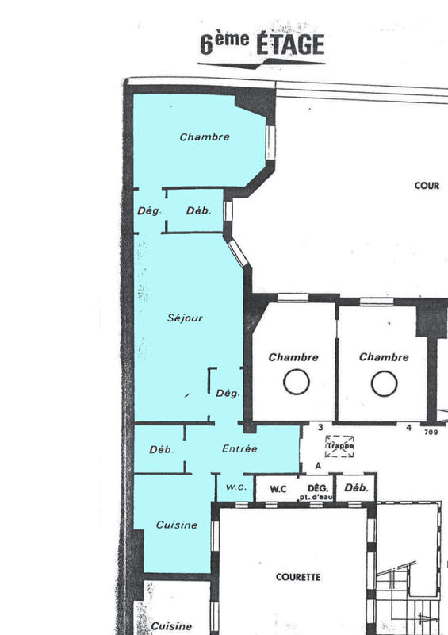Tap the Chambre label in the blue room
[205, 137]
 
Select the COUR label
[427, 185]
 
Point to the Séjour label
[186, 318]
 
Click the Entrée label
[239, 448]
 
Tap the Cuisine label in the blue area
[176, 525]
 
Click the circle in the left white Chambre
[297, 383]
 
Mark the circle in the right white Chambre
[384, 383]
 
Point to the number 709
[431, 433]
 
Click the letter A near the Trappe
[318, 466]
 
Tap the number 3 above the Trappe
[320, 428]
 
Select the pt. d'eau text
[316, 497]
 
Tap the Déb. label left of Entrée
[161, 450]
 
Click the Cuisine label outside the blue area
[171, 626]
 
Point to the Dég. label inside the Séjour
[228, 393]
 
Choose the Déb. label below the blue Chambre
[198, 210]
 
